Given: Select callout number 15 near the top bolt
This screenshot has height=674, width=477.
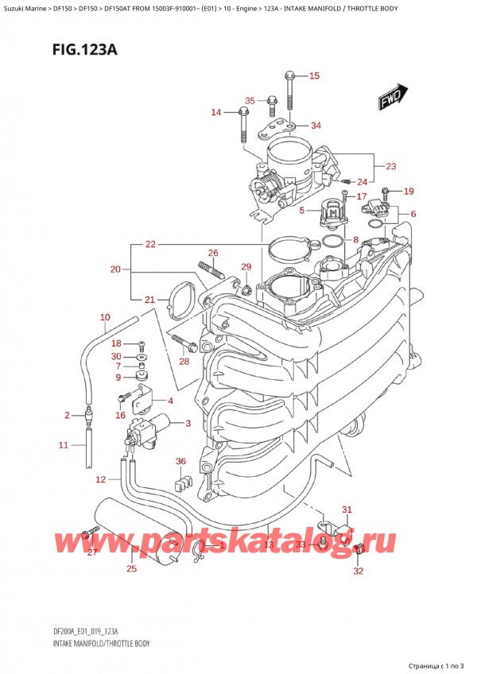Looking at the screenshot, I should (313, 76).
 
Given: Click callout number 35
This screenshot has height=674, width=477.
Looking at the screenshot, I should (250, 101).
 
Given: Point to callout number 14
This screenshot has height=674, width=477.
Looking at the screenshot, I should (215, 113).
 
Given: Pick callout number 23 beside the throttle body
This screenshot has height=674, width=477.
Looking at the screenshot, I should (390, 166).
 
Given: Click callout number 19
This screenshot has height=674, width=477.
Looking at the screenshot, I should (409, 191).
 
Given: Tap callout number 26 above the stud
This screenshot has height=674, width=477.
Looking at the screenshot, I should (212, 254).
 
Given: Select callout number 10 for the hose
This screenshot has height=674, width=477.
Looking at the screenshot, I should (104, 318).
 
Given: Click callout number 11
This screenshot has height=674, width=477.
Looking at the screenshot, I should (64, 445).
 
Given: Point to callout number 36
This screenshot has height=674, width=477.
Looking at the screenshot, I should (180, 461).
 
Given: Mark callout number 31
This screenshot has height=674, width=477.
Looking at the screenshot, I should (346, 509).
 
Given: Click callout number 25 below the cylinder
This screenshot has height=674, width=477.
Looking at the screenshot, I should (131, 568).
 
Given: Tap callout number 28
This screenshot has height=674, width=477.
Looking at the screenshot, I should (185, 362).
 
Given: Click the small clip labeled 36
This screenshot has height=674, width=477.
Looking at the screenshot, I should (182, 482).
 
